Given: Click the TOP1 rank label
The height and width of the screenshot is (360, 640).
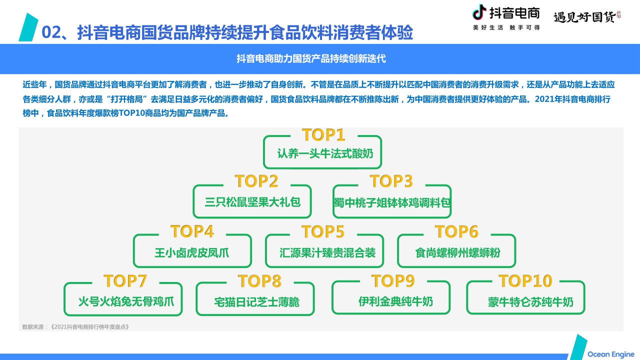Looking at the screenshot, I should tap(323, 135).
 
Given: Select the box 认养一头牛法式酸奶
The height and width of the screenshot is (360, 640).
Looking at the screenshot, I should tap(322, 153).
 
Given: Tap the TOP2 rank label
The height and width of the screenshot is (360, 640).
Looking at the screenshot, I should tap(256, 180).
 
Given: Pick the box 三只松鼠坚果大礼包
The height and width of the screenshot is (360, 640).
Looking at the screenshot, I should tap(252, 202).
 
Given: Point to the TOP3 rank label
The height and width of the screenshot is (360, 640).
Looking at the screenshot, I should tap(391, 180).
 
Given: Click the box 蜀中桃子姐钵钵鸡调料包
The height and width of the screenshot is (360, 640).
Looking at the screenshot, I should tap(392, 202).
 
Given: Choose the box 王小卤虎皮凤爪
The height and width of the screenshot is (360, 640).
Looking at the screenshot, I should tap(192, 252).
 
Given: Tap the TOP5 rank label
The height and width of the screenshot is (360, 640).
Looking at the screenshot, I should tap(323, 232).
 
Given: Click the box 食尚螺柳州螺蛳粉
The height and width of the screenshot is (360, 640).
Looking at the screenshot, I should tap(456, 252).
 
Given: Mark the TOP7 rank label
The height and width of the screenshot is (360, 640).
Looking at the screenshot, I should tap(125, 281).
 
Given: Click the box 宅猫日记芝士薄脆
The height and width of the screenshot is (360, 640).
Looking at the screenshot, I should tap(255, 301).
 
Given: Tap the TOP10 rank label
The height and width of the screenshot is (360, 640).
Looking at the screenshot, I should tap(525, 281).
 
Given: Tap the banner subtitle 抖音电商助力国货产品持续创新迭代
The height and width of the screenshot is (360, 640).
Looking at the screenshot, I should tap(311, 58).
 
